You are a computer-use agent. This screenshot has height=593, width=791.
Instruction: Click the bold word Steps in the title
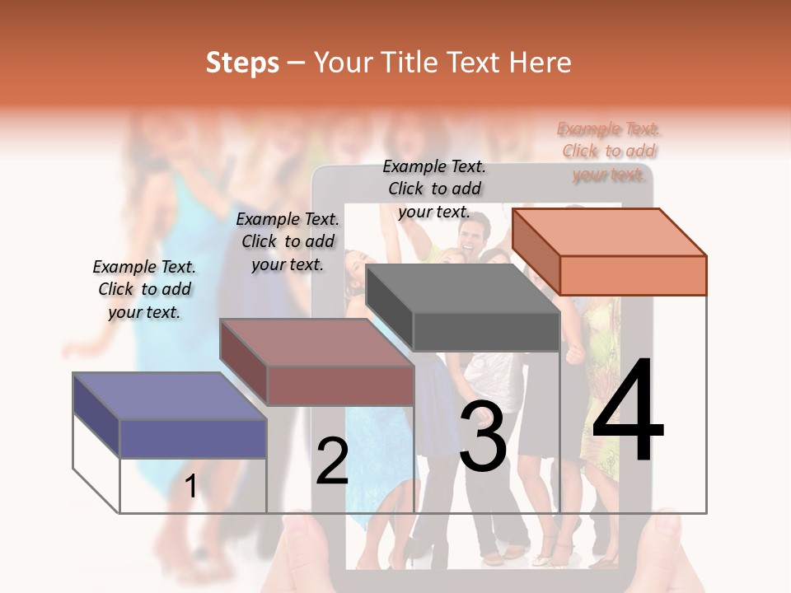[x=242, y=63]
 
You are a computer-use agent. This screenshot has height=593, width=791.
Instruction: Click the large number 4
[x=628, y=411]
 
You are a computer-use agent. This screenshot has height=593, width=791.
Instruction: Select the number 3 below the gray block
[x=483, y=437]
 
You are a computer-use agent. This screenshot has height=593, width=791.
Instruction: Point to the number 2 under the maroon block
[x=332, y=460]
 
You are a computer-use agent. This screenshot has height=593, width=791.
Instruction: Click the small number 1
[x=191, y=486]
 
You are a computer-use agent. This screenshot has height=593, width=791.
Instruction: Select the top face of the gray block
[x=462, y=288]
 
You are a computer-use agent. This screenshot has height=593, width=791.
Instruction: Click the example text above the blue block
[x=144, y=290]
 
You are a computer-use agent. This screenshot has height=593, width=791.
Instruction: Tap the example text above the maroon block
[x=288, y=241]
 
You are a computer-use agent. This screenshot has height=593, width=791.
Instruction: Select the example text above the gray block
[x=434, y=189]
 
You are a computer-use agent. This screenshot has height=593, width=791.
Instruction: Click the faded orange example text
[x=609, y=152]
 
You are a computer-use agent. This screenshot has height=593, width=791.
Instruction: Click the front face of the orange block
[x=633, y=275]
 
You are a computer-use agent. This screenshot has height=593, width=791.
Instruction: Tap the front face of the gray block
[x=486, y=332]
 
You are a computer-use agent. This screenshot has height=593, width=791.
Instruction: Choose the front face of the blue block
[x=193, y=438]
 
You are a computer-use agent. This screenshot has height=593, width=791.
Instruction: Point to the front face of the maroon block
[x=339, y=385]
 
